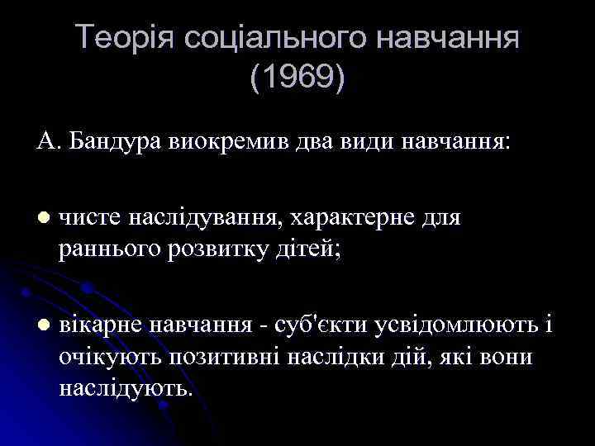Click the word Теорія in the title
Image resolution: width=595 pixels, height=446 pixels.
122,38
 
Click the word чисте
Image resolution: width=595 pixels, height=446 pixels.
91,217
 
